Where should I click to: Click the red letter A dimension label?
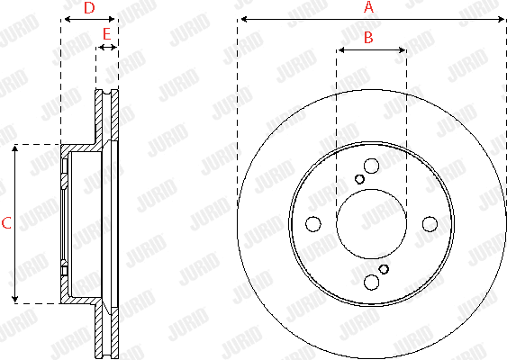(367, 7)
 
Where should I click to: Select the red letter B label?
(367, 37)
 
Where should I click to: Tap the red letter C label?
(5, 223)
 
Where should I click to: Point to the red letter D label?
(88, 7)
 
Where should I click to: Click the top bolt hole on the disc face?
(371, 166)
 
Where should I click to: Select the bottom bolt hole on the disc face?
(371, 283)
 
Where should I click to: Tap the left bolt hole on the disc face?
(313, 224)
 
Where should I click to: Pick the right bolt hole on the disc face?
(430, 224)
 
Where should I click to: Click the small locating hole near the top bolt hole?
(359, 179)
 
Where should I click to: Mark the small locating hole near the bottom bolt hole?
(384, 269)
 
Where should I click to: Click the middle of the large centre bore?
(371, 224)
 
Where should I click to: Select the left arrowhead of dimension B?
(340, 50)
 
